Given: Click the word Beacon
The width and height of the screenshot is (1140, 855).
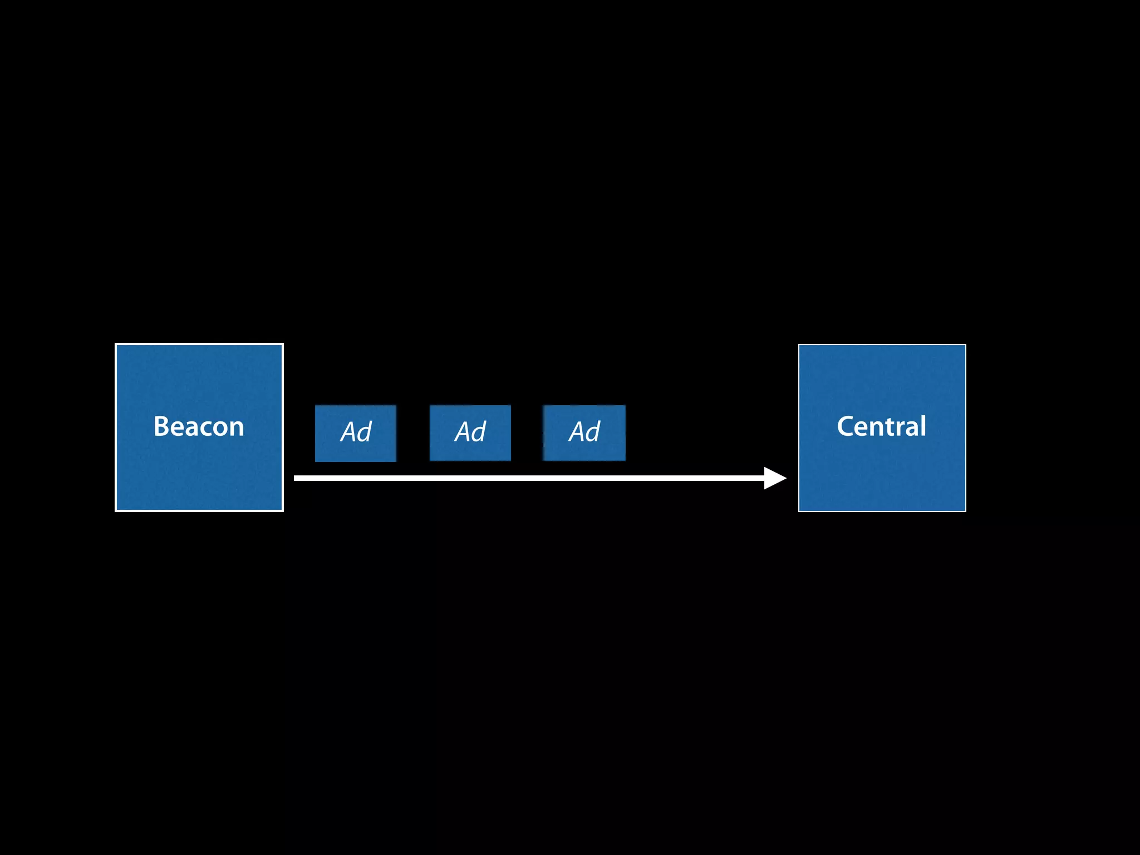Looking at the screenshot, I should coord(199,427).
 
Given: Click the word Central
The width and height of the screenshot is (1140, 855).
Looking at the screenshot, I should coord(882,427).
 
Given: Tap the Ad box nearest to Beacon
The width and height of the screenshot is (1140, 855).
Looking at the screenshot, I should coord(356,433).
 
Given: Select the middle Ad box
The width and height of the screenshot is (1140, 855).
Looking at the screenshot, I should coord(470,433).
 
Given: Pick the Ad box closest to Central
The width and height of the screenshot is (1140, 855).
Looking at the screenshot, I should coord(584,433).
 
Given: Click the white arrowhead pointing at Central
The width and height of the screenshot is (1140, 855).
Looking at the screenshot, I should coord(775,478).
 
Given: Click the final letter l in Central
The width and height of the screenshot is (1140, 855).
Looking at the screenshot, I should coord(923,426).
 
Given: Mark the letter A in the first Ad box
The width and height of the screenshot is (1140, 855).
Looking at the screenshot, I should coord(348,433).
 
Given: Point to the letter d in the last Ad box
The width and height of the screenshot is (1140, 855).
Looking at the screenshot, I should coord(593,432).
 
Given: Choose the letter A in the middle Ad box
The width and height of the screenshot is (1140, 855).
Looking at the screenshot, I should coord(463,433).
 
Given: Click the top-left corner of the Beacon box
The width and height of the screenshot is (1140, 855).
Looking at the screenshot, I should coord(116,345).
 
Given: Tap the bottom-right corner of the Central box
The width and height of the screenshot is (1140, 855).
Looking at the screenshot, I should coord(965,510).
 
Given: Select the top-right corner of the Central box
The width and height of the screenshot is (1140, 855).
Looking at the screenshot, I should coord(965,346).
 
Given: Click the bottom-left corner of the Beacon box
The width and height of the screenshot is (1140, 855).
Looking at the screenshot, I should coord(116,510).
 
